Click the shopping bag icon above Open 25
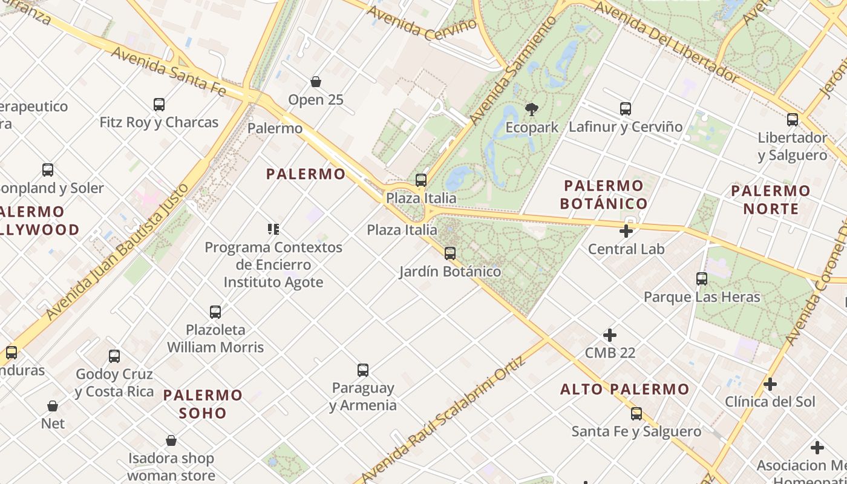(x=315, y=82)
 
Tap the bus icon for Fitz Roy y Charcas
(x=159, y=105)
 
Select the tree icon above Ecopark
(x=531, y=110)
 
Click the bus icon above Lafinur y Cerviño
(x=626, y=109)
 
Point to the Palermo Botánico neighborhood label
(x=603, y=194)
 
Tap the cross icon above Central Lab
(x=626, y=231)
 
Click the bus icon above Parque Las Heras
(x=702, y=279)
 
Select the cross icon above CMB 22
(x=610, y=335)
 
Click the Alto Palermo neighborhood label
(x=624, y=389)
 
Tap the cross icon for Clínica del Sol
(x=770, y=384)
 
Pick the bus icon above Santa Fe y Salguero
(x=636, y=414)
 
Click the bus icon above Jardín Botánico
(x=450, y=253)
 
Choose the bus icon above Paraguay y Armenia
(x=363, y=370)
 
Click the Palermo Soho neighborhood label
(x=203, y=404)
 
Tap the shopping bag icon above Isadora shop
(x=171, y=440)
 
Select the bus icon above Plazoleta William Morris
(x=215, y=312)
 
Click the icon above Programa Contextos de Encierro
(x=273, y=229)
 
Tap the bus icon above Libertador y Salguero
(x=793, y=120)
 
